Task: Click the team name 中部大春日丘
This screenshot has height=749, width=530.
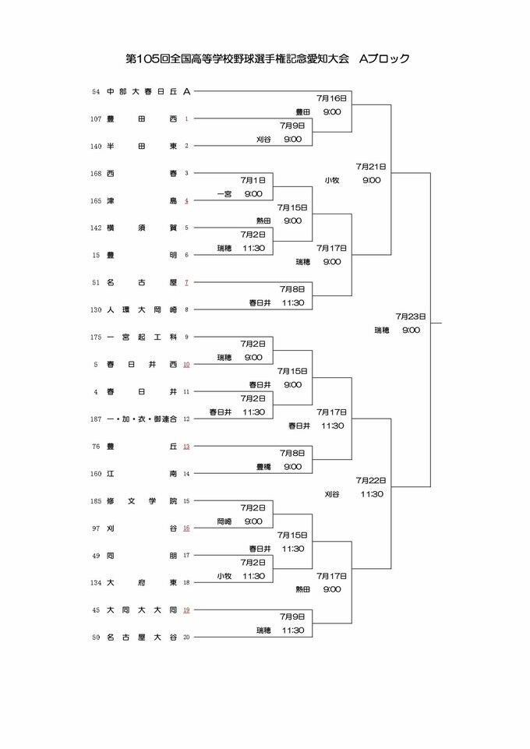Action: [143, 91]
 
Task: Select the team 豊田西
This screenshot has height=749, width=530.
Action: [143, 119]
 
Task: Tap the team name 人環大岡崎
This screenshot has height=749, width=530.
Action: [143, 309]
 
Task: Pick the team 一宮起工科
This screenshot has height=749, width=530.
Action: [143, 337]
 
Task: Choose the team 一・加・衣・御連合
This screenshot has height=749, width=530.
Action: [143, 419]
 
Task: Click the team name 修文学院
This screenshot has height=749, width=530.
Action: [143, 500]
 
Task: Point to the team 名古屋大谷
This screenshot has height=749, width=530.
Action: [143, 637]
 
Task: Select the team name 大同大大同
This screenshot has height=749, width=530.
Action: [143, 609]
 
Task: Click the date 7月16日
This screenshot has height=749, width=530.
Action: [331, 98]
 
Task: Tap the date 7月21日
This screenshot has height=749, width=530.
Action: [371, 167]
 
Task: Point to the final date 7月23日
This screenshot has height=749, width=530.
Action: [410, 316]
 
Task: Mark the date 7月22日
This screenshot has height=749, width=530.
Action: [371, 480]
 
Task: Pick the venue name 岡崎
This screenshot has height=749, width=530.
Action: [224, 521]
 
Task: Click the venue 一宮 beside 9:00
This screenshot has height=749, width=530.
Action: [224, 194]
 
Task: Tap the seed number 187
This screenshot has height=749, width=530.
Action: [96, 419]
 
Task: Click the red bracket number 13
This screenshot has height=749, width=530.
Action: [186, 447]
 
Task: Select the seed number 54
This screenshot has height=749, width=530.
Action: [96, 91]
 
